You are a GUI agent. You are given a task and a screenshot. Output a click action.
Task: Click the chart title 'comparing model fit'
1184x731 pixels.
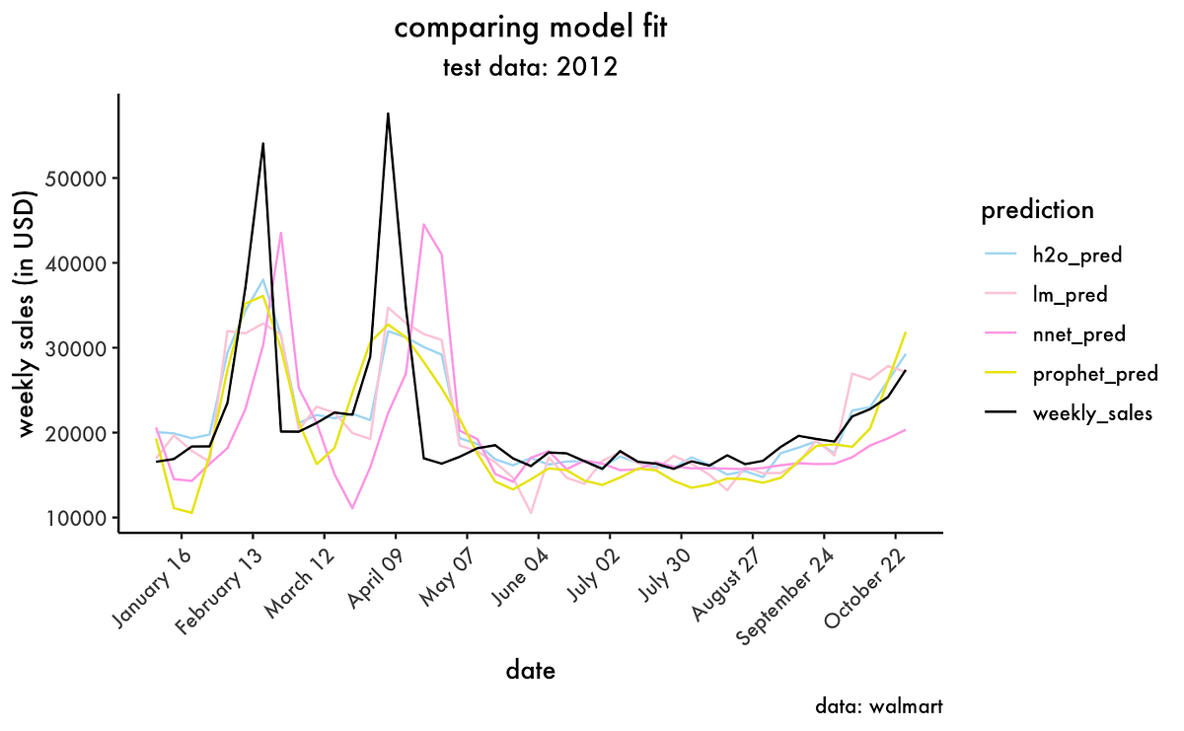(531, 29)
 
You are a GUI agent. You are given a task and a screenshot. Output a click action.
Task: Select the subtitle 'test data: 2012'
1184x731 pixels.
(531, 68)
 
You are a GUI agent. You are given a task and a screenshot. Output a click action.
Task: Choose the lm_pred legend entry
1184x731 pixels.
(1070, 294)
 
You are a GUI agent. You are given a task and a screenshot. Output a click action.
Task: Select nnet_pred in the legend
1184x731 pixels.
(1078, 334)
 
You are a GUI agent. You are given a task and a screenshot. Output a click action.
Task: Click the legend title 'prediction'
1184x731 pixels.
(1037, 210)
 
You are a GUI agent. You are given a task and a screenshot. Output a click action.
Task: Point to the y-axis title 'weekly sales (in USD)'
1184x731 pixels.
(28, 312)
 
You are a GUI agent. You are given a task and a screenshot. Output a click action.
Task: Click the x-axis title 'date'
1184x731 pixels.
(531, 671)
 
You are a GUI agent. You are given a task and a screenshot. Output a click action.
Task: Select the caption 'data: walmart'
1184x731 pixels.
(879, 706)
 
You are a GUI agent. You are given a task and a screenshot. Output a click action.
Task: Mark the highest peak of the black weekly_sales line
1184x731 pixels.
(389, 113)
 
